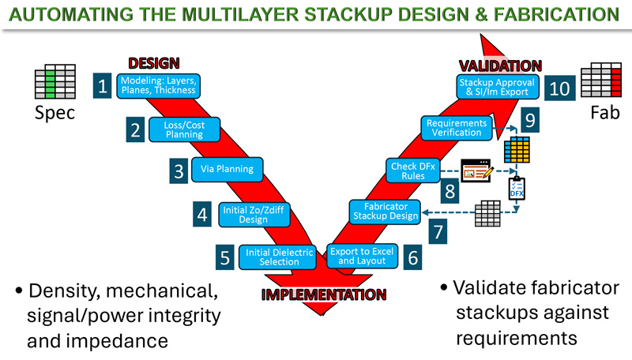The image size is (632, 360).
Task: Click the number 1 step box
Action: click(103, 85)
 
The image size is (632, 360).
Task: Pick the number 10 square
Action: click(559, 88)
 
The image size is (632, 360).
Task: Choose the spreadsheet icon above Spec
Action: click(55, 82)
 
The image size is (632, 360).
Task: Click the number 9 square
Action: click(529, 119)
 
